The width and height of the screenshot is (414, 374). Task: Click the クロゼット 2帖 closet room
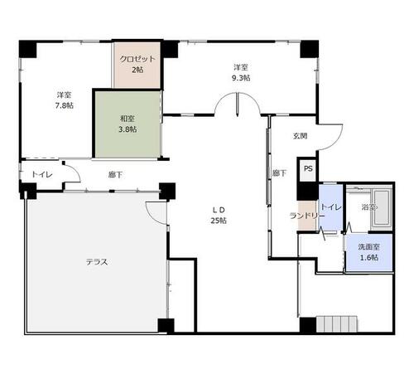[137, 65]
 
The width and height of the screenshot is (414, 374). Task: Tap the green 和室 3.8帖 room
[128, 124]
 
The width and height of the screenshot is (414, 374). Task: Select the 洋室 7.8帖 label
[65, 100]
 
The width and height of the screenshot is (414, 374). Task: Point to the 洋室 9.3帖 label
[241, 72]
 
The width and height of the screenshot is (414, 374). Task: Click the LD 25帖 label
[219, 215]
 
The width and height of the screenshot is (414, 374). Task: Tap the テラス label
[97, 262]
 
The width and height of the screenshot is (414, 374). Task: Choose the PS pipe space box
[308, 169]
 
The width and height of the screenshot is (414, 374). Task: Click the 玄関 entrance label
[300, 136]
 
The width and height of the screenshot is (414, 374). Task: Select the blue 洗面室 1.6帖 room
[369, 252]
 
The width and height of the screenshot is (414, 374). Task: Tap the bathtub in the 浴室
[382, 207]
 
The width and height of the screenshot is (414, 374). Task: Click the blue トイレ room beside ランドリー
[330, 206]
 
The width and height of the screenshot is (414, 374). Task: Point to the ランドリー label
[307, 216]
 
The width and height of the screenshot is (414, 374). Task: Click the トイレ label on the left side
[42, 174]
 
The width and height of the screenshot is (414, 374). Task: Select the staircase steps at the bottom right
[337, 324]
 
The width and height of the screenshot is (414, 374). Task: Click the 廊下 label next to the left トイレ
[115, 175]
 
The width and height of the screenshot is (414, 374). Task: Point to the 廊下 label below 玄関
[279, 173]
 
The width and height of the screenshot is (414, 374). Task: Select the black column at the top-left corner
[28, 49]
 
